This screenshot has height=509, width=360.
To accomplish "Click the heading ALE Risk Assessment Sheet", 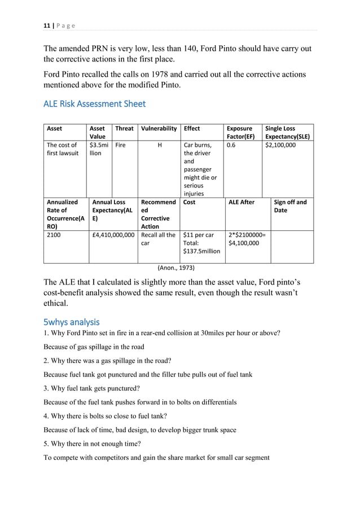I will coord(94,104).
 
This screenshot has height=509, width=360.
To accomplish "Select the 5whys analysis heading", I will coord(71,322).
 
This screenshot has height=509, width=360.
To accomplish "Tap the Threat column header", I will coord(124,129).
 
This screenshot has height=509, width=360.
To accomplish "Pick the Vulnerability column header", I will coord(159,129).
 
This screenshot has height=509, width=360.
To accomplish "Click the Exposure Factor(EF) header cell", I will coord(240,133).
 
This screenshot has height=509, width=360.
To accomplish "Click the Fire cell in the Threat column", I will coord(120,145).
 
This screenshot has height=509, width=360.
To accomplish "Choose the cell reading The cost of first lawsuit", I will coord(63,149).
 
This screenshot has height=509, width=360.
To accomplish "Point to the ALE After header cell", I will coord(242,202).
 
